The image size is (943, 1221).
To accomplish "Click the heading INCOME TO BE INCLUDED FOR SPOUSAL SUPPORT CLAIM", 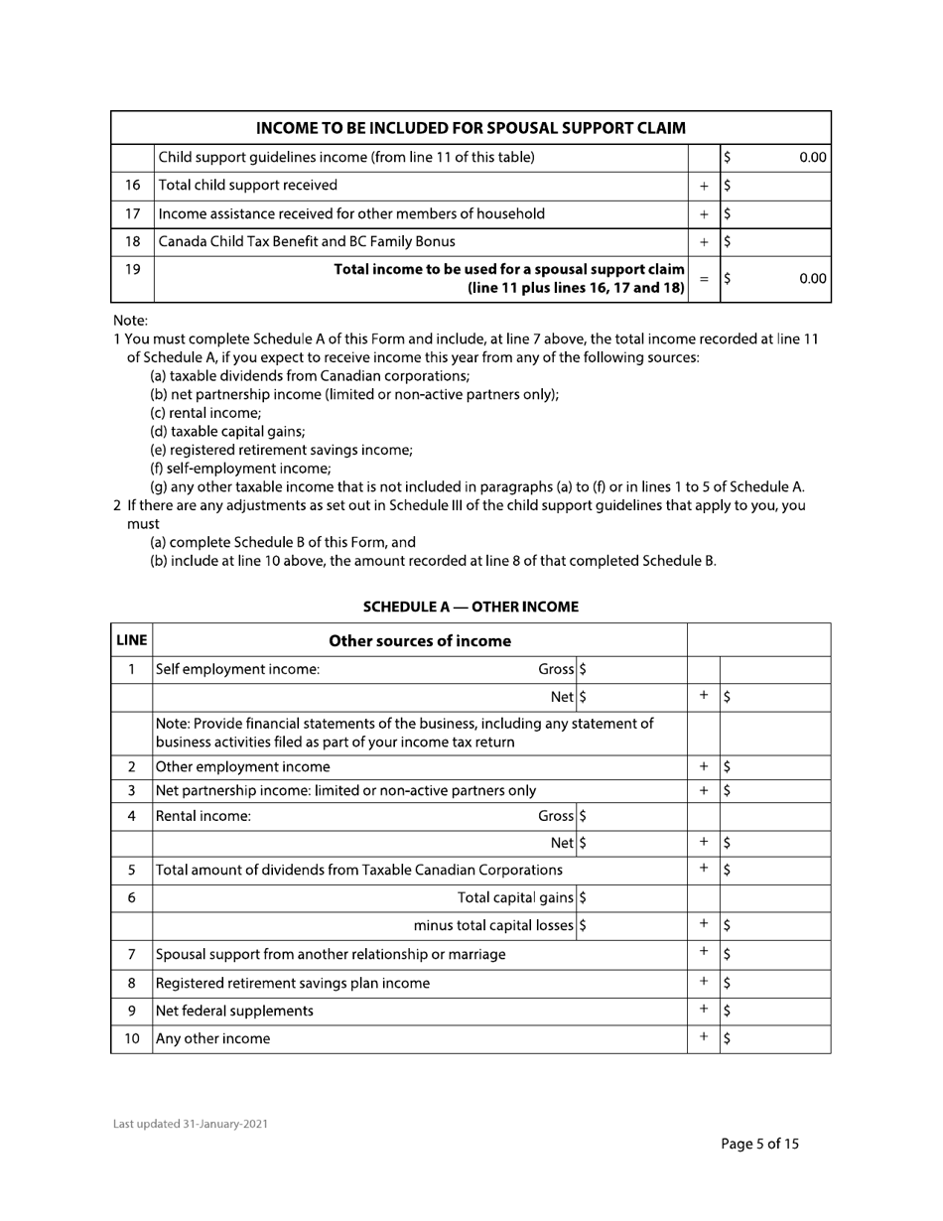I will (x=471, y=128).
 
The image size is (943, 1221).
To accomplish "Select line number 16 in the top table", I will (x=133, y=185).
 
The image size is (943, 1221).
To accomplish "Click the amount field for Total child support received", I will (x=774, y=185).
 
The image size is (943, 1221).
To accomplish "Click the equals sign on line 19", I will (x=704, y=280).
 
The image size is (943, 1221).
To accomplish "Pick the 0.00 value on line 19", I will (x=812, y=280).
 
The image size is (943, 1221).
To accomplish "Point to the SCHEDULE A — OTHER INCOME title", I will (x=471, y=606).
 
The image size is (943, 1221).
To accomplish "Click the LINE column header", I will (x=132, y=640).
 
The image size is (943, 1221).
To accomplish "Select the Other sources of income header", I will (x=420, y=640).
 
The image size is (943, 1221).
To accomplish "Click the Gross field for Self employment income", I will (x=633, y=669).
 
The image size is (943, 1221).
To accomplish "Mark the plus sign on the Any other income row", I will (x=704, y=1038).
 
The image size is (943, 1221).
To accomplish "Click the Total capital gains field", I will (x=633, y=898).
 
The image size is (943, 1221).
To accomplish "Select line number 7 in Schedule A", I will (x=132, y=954).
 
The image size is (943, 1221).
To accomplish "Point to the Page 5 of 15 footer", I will (x=759, y=1143).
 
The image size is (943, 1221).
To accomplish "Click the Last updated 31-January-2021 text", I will (x=190, y=1124).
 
